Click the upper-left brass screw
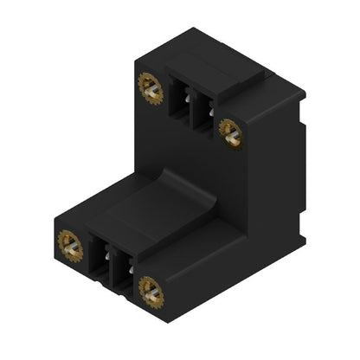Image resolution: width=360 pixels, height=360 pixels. coord(150,87)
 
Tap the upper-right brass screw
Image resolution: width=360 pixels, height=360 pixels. coord(229,131)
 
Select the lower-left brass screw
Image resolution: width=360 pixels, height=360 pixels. coord(69,245)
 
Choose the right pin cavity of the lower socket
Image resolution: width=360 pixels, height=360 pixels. coord(125,273)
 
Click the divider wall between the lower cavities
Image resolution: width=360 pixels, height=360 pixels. coord(113,267)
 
